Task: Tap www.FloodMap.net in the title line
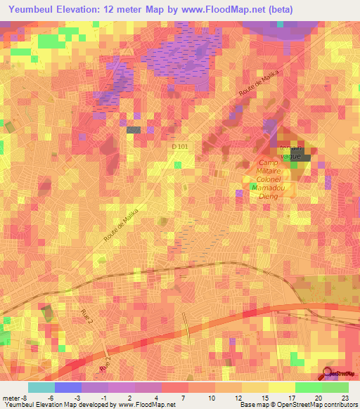(223, 9)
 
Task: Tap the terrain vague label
(291, 152)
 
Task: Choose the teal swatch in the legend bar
(41, 387)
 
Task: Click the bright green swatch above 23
(335, 387)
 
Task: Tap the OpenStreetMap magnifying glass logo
(329, 373)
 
